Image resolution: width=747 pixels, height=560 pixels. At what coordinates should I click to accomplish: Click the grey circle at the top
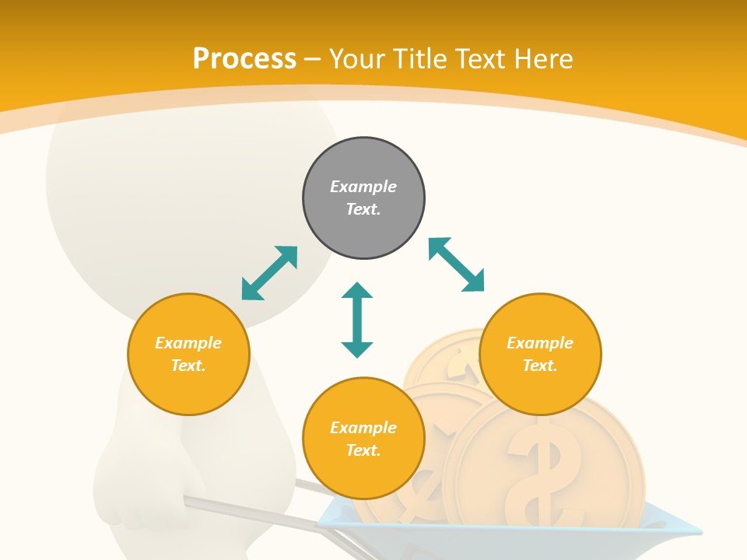click(363, 198)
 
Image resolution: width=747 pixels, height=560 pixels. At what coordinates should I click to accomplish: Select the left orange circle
click(188, 354)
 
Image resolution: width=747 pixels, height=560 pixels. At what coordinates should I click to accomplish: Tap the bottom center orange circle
click(363, 439)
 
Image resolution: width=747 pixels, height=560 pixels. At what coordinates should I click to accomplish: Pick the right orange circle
click(540, 354)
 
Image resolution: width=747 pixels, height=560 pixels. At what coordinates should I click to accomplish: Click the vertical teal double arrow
click(357, 320)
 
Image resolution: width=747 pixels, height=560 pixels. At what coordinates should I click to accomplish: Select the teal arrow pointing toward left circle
click(269, 273)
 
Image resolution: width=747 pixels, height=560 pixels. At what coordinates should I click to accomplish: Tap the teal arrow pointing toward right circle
click(457, 264)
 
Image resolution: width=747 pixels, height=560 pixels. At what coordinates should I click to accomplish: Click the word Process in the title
click(244, 59)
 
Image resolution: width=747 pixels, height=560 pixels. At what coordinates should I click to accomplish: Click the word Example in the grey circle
click(363, 187)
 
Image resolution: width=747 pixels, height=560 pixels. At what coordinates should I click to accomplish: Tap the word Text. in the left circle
click(188, 366)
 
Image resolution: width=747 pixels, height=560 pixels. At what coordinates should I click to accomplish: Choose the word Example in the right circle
click(540, 343)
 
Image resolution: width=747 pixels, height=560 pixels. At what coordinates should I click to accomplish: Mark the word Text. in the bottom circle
click(363, 450)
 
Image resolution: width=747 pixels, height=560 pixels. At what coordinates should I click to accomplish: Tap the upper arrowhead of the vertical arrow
click(357, 291)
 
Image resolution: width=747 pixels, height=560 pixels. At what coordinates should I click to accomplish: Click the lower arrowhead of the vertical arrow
click(357, 349)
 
